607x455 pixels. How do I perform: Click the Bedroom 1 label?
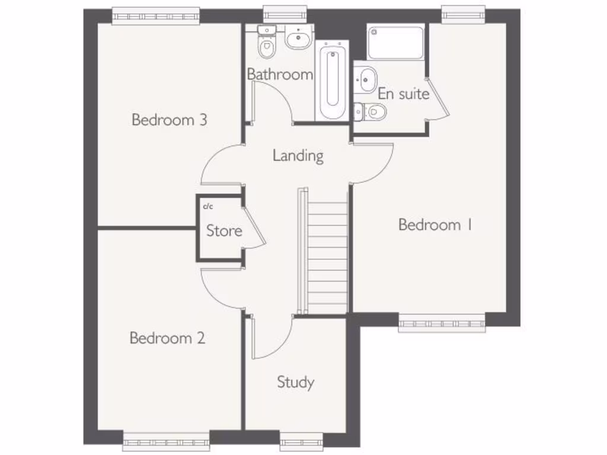[x=435, y=225]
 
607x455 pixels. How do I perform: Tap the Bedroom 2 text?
[x=167, y=338]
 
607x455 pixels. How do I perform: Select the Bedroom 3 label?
[x=169, y=120]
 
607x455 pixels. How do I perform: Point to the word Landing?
[x=298, y=155]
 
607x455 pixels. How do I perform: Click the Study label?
[x=295, y=382]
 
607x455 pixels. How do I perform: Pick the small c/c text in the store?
[x=208, y=207]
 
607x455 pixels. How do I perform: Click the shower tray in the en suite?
[x=395, y=42]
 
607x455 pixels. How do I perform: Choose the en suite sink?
[x=367, y=78]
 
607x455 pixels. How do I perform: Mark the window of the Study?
[x=301, y=439]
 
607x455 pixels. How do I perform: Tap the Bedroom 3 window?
[x=155, y=16]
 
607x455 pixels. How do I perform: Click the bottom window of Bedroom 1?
[x=442, y=324]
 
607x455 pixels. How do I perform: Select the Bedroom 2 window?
[x=166, y=439]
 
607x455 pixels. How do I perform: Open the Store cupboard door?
[x=253, y=228]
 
